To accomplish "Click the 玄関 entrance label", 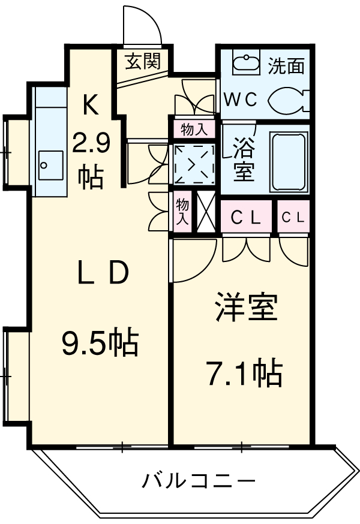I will (143, 61).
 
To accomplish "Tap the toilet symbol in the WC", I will (287, 101).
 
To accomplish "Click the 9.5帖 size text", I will (100, 344).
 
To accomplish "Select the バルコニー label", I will (199, 480).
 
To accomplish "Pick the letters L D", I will (103, 275).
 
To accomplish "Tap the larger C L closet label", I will (245, 219).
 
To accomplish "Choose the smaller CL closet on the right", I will (293, 219).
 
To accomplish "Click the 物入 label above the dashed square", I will (194, 129).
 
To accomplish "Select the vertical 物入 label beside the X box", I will (182, 212).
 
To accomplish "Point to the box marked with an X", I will (205, 212).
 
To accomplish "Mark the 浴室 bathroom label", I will (243, 159).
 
